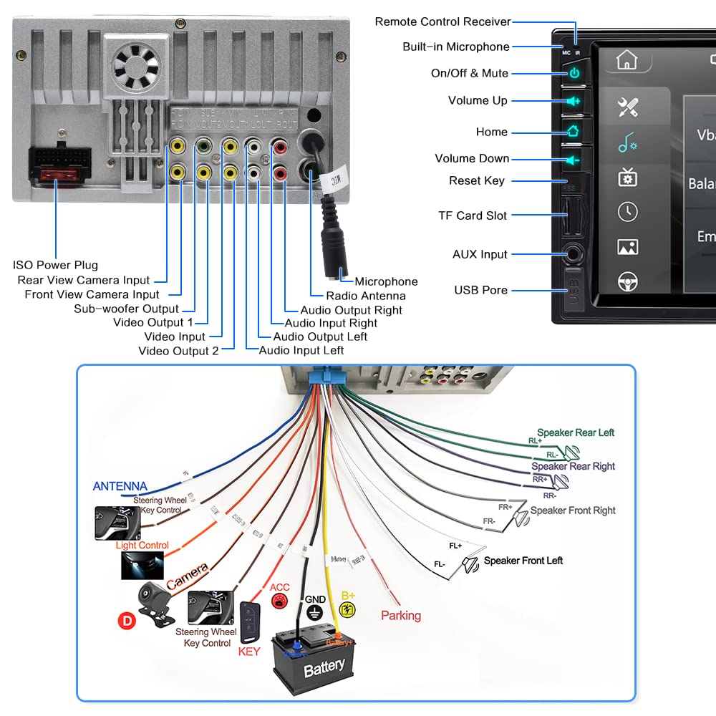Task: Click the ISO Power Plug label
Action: pyautogui.click(x=55, y=265)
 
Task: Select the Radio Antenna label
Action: pyautogui.click(x=365, y=296)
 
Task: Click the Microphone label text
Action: pyautogui.click(x=386, y=281)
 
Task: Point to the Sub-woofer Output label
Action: pyautogui.click(x=126, y=309)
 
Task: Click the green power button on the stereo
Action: pyautogui.click(x=574, y=73)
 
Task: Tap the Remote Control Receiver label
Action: pyautogui.click(x=442, y=22)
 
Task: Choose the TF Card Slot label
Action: pyautogui.click(x=472, y=216)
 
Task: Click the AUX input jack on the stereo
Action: pyautogui.click(x=573, y=254)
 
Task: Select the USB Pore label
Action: pyautogui.click(x=480, y=290)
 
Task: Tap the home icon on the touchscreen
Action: pyautogui.click(x=626, y=61)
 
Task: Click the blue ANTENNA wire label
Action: pyautogui.click(x=120, y=487)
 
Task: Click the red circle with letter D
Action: pyautogui.click(x=127, y=621)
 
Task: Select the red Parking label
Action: pyautogui.click(x=400, y=616)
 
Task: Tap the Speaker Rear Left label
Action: pyautogui.click(x=575, y=432)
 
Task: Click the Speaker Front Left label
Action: pyautogui.click(x=523, y=561)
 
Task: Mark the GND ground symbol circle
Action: pyautogui.click(x=315, y=612)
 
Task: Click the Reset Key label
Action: pyautogui.click(x=476, y=181)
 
